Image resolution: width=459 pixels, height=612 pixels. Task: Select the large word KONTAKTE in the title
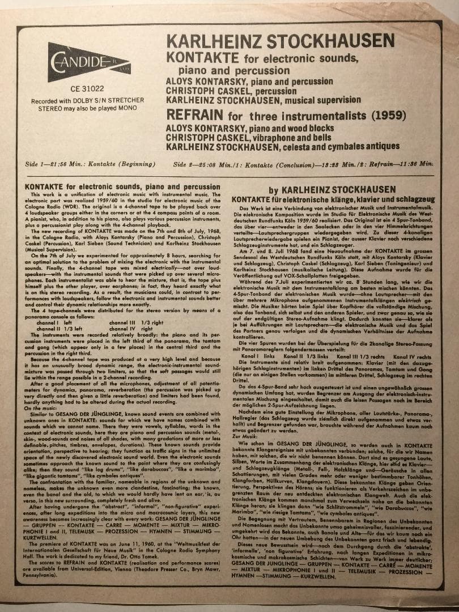point(203,58)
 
